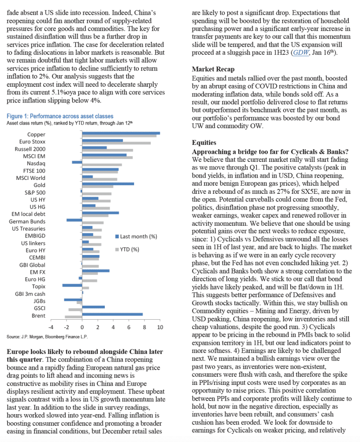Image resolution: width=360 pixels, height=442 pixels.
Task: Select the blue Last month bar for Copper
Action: (x=121, y=133)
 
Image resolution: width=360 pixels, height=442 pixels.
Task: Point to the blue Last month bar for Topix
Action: (x=72, y=285)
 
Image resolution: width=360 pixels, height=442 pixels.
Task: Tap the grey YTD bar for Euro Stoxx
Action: (x=117, y=143)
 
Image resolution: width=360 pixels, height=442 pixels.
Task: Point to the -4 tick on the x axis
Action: (x=51, y=327)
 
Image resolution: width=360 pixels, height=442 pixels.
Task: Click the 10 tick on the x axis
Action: (x=160, y=327)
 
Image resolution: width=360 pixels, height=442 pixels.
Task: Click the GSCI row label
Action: (x=38, y=308)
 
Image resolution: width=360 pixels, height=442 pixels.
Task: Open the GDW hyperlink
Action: (x=299, y=53)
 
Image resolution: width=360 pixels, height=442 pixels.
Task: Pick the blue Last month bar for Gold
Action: (x=108, y=183)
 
